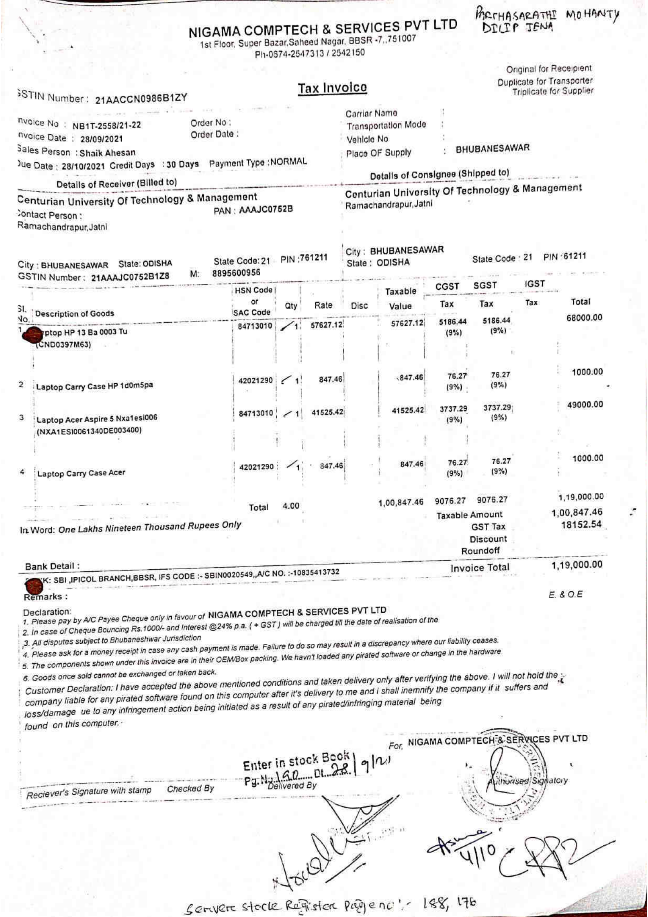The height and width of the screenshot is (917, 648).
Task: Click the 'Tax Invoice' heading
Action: click(332, 88)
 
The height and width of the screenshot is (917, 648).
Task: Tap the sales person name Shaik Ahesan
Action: click(107, 153)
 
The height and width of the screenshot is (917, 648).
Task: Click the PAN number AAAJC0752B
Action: click(265, 209)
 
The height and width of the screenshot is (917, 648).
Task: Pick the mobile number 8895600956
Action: click(236, 273)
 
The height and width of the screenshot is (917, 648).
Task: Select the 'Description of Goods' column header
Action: click(74, 314)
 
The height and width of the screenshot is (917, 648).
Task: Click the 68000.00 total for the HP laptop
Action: click(584, 318)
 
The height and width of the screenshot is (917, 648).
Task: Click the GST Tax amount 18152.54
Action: click(581, 525)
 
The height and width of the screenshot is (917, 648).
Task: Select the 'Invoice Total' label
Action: click(479, 568)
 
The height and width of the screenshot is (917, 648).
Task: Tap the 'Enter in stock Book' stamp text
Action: click(296, 761)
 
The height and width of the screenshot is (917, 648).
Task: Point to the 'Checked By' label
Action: click(191, 789)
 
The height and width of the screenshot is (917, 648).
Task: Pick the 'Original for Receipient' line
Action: click(548, 69)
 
